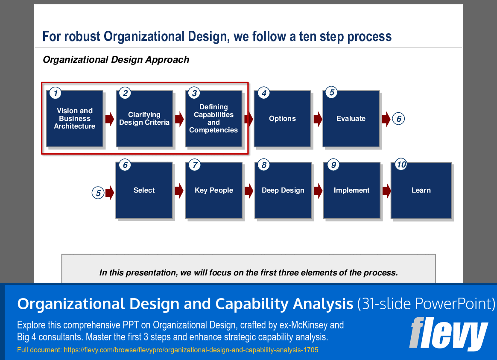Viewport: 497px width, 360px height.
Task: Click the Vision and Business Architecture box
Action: (75, 119)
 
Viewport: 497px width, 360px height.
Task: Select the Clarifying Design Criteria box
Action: (144, 119)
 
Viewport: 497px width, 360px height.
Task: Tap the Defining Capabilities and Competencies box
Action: (213, 119)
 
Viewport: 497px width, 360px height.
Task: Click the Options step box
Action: (282, 119)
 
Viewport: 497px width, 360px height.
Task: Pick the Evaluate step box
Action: (351, 119)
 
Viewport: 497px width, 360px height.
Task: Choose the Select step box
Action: (144, 190)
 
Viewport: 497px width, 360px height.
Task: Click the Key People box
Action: (214, 190)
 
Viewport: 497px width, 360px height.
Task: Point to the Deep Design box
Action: (283, 190)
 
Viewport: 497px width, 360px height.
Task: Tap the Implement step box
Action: (352, 190)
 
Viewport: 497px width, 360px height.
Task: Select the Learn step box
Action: (421, 190)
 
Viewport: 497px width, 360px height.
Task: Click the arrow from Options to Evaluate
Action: (318, 119)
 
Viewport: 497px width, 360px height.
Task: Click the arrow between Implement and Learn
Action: (386, 191)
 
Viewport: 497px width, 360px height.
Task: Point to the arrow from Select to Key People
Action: (179, 191)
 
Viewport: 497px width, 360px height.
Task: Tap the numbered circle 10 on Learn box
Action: (401, 165)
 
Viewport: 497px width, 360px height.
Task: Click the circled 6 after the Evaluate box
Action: (399, 119)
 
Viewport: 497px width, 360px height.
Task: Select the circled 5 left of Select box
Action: (98, 193)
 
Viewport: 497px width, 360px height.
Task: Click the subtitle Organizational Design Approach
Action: (116, 60)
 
